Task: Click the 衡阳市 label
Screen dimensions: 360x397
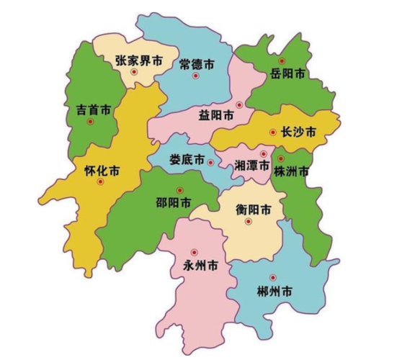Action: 254,210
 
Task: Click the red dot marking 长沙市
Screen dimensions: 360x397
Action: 273,132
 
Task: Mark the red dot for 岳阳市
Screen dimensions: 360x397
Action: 282,60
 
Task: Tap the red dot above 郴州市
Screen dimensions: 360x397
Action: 272,277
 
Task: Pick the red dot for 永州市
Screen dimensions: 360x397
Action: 194,251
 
